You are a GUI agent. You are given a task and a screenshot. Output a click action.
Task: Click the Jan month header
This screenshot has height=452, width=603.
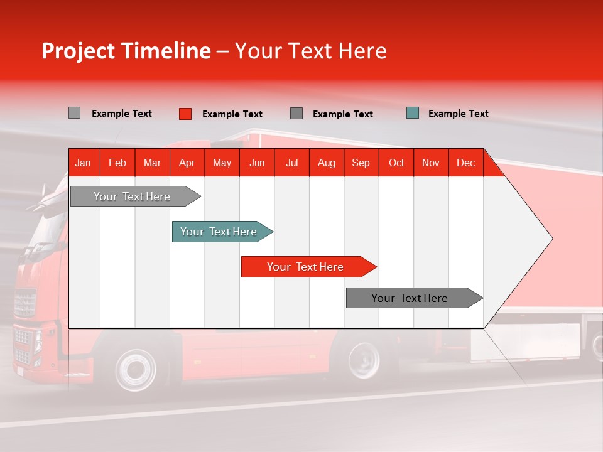tap(83, 163)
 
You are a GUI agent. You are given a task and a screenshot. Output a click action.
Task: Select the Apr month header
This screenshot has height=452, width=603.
tap(187, 163)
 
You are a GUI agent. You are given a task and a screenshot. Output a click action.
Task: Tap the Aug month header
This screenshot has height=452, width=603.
tap(326, 163)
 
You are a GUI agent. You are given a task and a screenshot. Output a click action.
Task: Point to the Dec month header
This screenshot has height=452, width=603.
tap(465, 163)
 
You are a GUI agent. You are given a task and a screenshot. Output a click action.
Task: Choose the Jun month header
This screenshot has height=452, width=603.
tap(257, 163)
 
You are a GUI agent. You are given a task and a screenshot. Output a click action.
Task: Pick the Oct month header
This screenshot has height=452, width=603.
tap(396, 163)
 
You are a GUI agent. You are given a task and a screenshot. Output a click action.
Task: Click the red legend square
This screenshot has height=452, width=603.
tap(185, 114)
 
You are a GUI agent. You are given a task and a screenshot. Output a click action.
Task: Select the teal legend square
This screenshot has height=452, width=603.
tap(412, 113)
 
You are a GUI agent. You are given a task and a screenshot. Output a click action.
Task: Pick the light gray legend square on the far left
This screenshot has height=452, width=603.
tap(74, 113)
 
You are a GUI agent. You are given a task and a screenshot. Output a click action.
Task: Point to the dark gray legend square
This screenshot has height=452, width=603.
tap(296, 114)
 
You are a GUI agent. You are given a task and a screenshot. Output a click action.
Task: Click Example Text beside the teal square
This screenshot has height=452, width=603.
tap(458, 114)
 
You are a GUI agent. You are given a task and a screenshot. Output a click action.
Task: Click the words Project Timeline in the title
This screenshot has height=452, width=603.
tap(126, 51)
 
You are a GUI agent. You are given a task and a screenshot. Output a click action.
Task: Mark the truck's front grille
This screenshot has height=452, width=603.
tap(24, 304)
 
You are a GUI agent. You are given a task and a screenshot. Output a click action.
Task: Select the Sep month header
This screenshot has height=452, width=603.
tap(361, 163)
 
